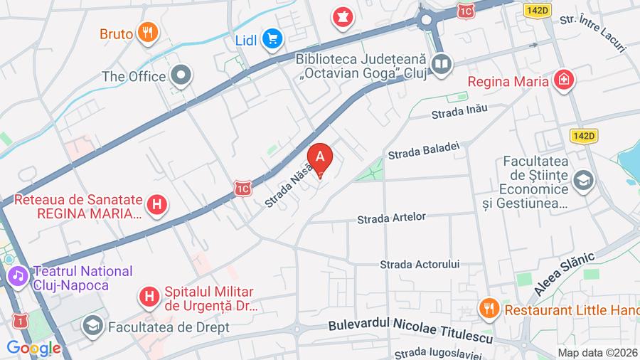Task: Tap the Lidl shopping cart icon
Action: click(x=271, y=39)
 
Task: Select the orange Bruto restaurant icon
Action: click(x=148, y=32)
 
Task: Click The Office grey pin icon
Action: click(x=182, y=75)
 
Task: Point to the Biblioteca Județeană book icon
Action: click(x=442, y=65)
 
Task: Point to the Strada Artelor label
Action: click(x=391, y=216)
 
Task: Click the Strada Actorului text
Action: click(x=420, y=264)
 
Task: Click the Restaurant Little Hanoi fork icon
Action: click(x=488, y=309)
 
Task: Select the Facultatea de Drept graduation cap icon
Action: click(x=92, y=327)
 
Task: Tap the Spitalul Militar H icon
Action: click(x=149, y=295)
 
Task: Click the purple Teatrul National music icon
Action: click(x=17, y=274)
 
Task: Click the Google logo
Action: click(x=33, y=349)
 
